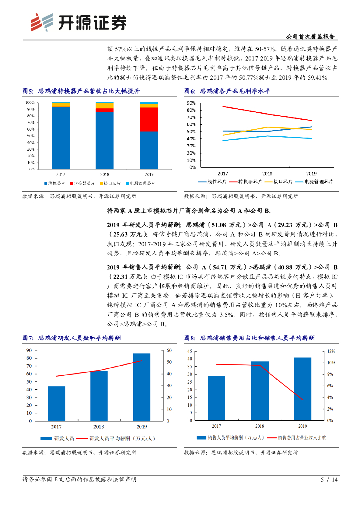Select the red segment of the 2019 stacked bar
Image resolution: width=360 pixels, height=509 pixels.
coord(149,119)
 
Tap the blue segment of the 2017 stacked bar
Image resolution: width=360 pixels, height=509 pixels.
coord(60,138)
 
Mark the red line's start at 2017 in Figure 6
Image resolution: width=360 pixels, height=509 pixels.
coord(223,106)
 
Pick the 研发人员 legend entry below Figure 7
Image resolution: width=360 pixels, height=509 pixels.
coord(58,438)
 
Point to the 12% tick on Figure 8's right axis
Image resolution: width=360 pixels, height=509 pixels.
coord(327,351)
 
